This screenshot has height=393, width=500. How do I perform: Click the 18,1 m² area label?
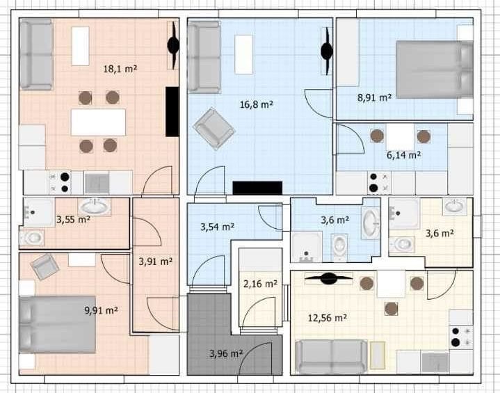120,69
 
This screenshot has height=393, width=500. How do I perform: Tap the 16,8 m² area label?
257,104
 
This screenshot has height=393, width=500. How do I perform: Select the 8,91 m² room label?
374,97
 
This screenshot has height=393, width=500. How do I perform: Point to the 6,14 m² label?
404,155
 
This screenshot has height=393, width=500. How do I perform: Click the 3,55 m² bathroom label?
73,220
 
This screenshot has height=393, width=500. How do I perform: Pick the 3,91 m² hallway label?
156,262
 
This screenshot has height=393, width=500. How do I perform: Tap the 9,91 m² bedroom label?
102,310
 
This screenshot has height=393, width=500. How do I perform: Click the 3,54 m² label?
218,227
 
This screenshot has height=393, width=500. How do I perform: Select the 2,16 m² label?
260,283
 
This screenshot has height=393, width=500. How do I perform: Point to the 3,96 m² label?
227,353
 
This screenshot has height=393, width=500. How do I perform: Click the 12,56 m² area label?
328,318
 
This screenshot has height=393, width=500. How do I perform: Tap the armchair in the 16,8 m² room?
213,129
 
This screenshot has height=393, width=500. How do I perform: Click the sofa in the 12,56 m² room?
332,357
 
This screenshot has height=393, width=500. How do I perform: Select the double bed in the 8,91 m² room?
435,70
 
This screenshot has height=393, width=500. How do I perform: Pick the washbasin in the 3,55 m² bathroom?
96,207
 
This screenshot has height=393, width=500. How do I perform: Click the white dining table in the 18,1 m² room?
98,122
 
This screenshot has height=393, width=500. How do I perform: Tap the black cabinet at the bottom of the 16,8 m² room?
257,188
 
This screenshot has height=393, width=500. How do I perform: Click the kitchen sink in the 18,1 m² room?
97,183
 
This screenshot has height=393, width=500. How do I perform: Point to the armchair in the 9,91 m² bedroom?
45,266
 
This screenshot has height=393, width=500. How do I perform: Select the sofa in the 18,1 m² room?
36,54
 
